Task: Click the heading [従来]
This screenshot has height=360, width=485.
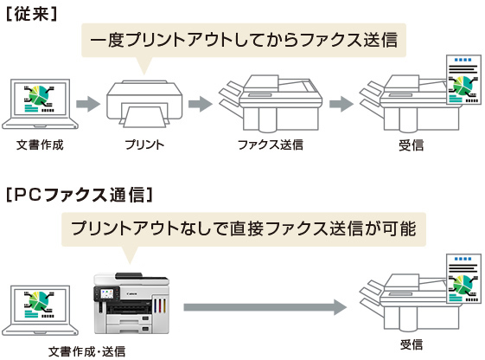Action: pos(31,14)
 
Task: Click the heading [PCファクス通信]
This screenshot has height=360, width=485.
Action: pos(80,195)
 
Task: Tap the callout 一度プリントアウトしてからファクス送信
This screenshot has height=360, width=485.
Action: pos(244,41)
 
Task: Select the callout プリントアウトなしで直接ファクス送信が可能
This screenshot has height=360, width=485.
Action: pos(244,229)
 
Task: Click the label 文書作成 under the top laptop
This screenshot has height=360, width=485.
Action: pos(40,145)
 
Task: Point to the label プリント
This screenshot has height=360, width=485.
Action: pos(144,145)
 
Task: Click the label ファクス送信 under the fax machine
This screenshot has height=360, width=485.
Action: pos(271,145)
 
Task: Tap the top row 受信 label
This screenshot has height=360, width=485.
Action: pos(411,145)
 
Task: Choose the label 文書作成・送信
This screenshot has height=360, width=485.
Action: pos(87,351)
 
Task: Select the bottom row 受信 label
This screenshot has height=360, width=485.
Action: pos(411,344)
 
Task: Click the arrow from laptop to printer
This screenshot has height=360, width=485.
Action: pos(88,104)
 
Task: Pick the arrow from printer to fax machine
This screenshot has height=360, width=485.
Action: pos(201,104)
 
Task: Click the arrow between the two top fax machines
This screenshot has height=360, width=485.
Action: pos(341,104)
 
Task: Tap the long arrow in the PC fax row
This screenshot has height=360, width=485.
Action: pos(265,307)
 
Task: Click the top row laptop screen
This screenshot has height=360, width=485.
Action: pos(41,99)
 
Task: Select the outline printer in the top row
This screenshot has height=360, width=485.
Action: pos(144,104)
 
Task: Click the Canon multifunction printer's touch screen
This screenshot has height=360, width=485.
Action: pos(107,293)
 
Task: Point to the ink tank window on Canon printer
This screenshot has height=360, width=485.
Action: pos(160,305)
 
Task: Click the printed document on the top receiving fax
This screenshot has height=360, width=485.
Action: pos(463,80)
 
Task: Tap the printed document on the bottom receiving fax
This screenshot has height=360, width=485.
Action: pos(463,279)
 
